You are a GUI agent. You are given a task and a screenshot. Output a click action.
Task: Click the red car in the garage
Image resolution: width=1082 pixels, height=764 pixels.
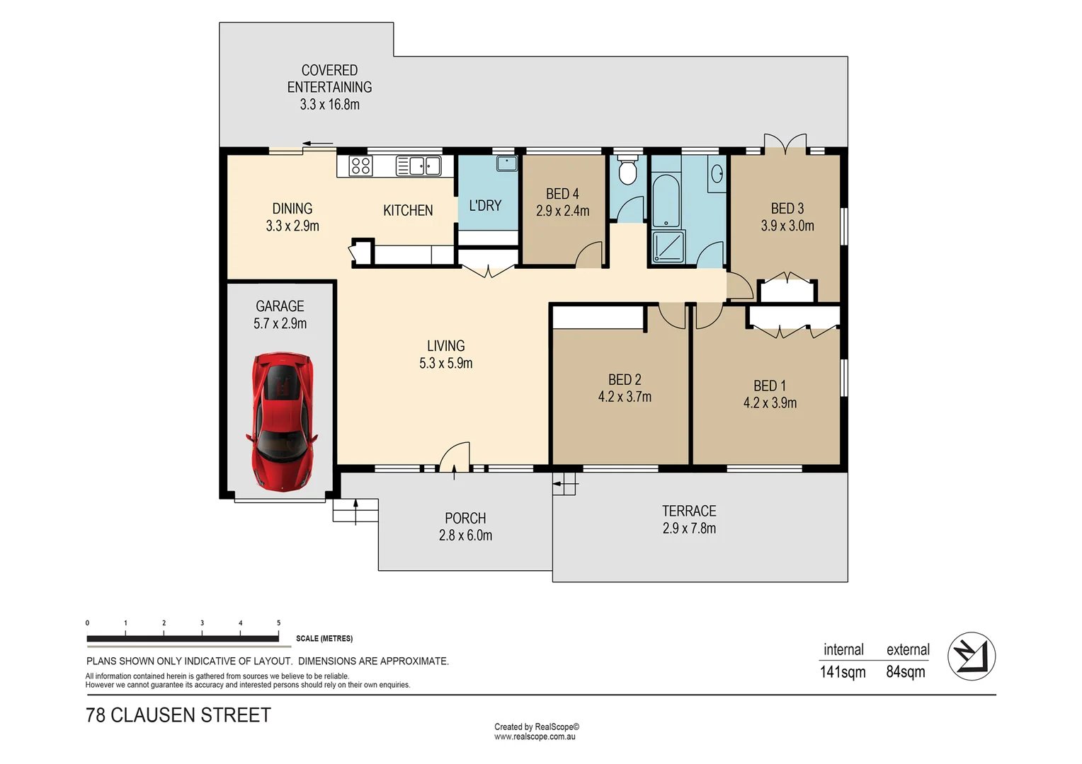[x=282, y=422]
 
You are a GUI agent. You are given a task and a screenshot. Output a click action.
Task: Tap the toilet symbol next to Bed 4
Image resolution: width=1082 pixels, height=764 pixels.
[x=627, y=170]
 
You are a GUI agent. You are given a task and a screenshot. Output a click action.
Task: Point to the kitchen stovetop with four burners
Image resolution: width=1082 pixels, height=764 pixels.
[x=361, y=166]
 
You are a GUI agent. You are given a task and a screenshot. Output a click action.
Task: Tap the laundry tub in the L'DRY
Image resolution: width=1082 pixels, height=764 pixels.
[x=506, y=163]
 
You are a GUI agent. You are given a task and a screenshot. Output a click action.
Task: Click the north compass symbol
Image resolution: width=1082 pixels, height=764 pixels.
[x=972, y=656]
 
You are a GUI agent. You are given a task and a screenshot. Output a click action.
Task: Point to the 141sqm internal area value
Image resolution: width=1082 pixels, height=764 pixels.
[x=843, y=672]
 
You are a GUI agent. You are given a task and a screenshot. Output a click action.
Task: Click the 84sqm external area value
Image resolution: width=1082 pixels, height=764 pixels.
[x=906, y=672]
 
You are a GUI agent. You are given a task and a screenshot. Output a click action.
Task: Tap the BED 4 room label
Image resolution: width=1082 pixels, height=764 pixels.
[x=562, y=194]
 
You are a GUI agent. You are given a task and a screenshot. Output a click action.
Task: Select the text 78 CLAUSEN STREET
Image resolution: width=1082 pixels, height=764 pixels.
[x=178, y=715]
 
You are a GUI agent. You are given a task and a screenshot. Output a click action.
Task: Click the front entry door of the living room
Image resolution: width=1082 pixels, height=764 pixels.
[x=455, y=458]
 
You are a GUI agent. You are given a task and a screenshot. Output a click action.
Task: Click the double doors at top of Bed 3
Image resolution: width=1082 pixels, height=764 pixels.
[x=785, y=144]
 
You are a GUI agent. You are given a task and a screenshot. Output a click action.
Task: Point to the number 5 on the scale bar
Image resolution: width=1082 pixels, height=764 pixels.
[x=278, y=623]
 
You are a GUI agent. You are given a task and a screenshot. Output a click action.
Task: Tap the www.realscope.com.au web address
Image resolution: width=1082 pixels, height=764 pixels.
[x=535, y=737]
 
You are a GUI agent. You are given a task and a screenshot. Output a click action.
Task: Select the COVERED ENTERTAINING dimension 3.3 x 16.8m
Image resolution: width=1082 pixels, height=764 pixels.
[x=329, y=105]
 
